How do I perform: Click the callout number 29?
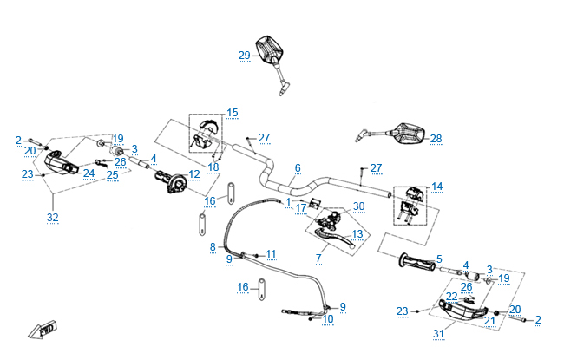click(244, 56)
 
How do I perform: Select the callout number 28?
click(436, 139)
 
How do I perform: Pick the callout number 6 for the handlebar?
click(298, 167)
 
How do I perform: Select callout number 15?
click(233, 113)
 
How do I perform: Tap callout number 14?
click(436, 187)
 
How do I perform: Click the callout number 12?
click(193, 174)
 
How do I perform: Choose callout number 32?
click(52, 218)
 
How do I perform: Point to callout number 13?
click(357, 233)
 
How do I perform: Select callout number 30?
click(358, 206)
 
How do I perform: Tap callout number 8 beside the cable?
click(212, 247)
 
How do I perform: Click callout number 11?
click(271, 254)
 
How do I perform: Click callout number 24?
click(89, 172)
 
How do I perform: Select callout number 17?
click(300, 208)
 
